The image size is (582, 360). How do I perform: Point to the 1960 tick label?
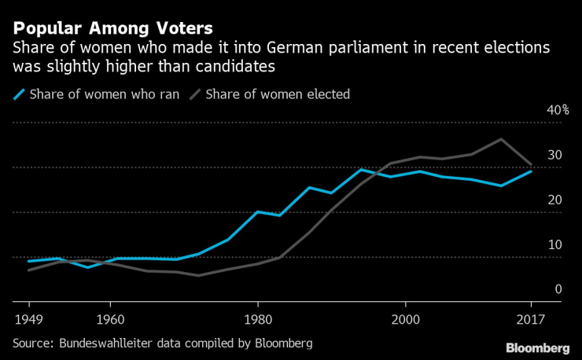pos(110,321)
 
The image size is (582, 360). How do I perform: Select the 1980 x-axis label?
pos(257,321)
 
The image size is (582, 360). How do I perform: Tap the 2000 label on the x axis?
pos(404,321)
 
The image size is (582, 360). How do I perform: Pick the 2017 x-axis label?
pos(530,321)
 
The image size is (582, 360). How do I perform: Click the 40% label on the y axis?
pos(557,110)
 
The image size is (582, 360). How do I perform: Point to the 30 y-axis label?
pos(554,155)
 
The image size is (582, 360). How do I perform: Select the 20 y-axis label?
pos(554,200)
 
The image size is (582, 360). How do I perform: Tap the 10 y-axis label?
pos(554,244)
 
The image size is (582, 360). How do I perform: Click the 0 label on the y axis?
pos(558,289)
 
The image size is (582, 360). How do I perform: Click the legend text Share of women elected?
pos(277,94)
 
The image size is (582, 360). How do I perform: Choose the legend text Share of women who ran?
pos(104,94)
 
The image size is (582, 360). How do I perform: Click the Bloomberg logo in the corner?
pos(537,347)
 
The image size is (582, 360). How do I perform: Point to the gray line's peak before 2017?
pos(502,139)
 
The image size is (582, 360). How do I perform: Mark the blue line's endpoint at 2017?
pos(531,171)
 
